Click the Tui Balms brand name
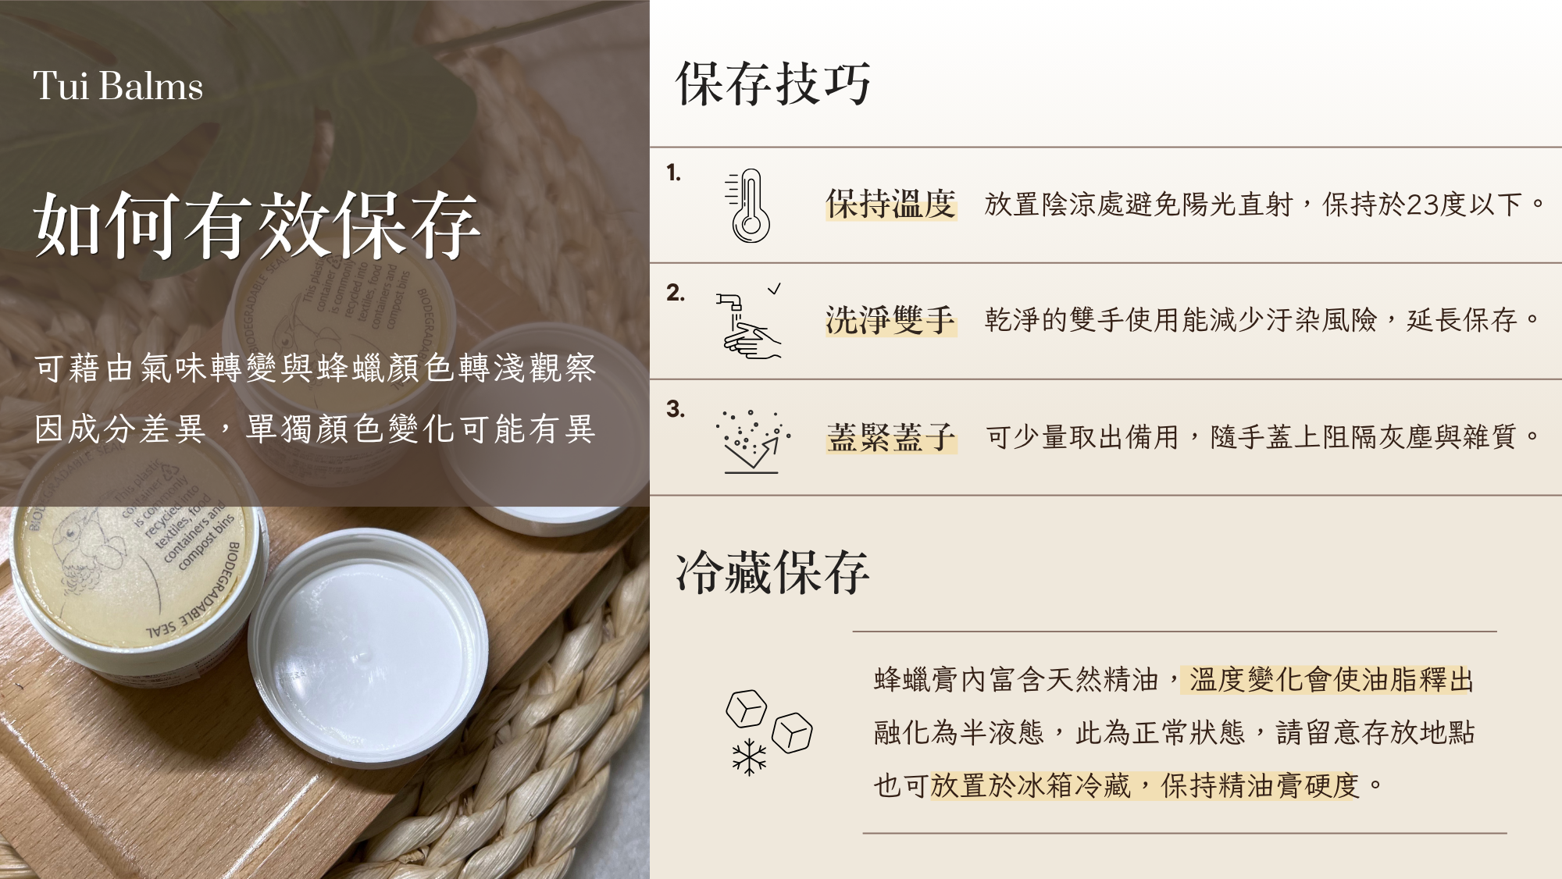118,86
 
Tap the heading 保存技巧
773,84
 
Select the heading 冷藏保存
772,572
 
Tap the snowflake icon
749,756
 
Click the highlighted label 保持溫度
891,205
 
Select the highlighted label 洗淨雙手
891,320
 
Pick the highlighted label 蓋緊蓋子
891,437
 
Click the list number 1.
674,173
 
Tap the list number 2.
676,293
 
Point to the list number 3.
676,409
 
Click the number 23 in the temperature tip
1421,205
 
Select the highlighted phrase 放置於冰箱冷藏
1031,785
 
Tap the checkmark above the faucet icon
774,289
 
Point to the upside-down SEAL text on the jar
160,629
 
